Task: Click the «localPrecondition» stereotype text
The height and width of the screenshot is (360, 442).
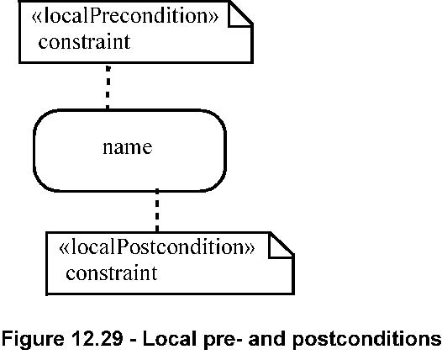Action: click(x=125, y=16)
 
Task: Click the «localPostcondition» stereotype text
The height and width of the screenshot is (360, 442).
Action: click(x=157, y=247)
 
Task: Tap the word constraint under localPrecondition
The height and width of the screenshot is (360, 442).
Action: click(x=84, y=42)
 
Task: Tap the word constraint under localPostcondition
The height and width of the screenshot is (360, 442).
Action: click(x=112, y=273)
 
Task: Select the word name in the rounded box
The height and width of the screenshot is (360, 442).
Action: click(x=128, y=147)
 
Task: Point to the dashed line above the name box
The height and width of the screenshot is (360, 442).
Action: click(x=108, y=87)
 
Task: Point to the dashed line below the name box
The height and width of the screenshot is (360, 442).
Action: click(x=157, y=211)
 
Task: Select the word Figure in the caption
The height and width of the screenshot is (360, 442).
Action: click(x=33, y=339)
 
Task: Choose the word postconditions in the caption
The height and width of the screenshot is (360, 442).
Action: click(x=366, y=340)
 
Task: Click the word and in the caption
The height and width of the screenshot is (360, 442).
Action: click(x=267, y=338)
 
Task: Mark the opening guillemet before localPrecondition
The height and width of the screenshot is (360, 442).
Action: click(x=36, y=18)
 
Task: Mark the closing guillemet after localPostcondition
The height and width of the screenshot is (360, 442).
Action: click(x=250, y=248)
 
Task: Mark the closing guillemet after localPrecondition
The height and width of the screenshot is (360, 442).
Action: click(x=213, y=18)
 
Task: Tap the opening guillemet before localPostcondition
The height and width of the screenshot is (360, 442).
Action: click(x=63, y=248)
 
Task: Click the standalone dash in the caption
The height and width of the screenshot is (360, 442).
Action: click(x=133, y=341)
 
